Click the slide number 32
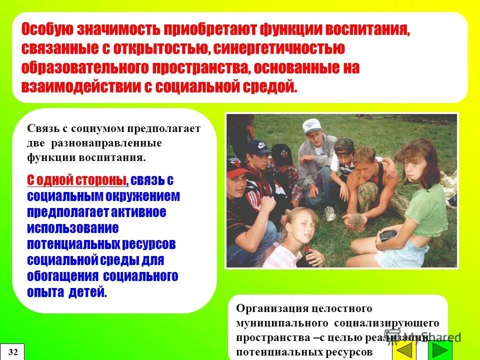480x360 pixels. tap(13, 352)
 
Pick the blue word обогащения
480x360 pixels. tap(63, 276)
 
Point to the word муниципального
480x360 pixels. tap(278, 323)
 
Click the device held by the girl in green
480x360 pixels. tap(388, 234)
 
